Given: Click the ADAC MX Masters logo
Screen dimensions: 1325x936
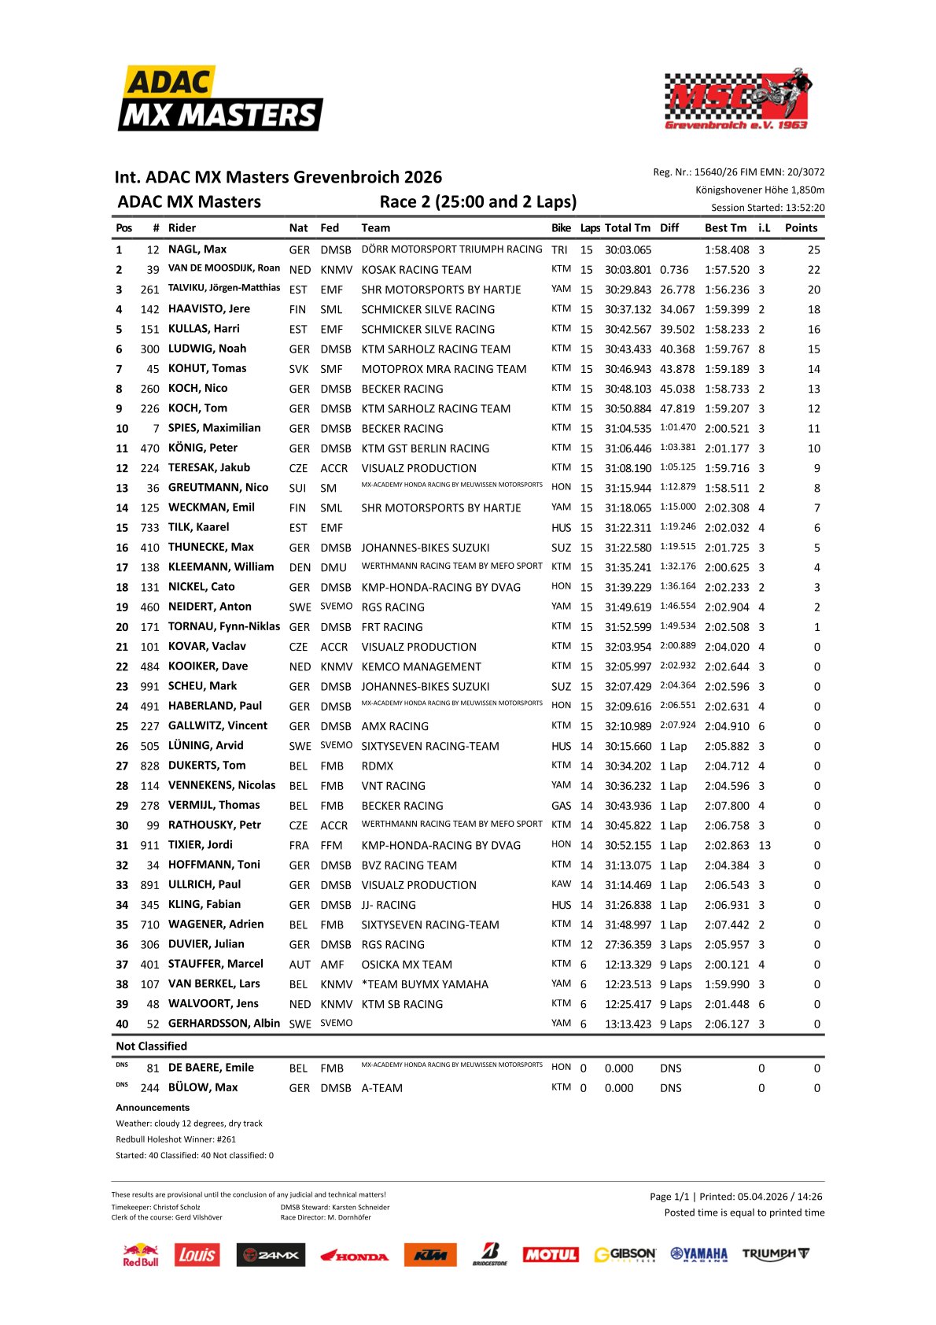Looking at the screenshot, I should point(220,99).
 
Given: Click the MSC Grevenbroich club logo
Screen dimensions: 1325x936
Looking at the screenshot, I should point(737,99).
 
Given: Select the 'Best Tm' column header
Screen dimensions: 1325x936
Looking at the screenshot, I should point(725,228).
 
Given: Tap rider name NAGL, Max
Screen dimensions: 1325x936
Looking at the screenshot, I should point(197,249).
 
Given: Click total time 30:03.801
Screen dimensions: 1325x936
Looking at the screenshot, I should point(628,270).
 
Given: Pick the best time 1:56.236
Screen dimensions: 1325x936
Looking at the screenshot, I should point(727,290).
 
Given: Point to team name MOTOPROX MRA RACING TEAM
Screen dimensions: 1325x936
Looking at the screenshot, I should point(444,369).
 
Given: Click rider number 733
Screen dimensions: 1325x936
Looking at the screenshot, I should point(149,528).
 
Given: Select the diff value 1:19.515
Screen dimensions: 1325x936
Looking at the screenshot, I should point(677,547).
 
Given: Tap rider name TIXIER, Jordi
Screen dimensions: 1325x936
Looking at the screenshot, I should point(201,845).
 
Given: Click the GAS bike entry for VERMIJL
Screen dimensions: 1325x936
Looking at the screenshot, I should point(561,806).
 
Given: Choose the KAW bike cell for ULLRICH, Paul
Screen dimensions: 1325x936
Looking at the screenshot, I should point(561,884).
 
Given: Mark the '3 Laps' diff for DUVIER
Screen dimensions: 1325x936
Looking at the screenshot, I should point(676,945).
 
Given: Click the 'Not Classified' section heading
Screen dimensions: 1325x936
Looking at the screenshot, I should point(152,1046).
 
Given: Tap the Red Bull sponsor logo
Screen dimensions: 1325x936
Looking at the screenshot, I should point(141,1254).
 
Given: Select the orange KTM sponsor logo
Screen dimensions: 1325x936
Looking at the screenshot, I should point(430,1255).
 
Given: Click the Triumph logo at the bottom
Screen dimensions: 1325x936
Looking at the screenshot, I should point(775,1254).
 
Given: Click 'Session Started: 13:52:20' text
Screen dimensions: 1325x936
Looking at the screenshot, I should point(768,208).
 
